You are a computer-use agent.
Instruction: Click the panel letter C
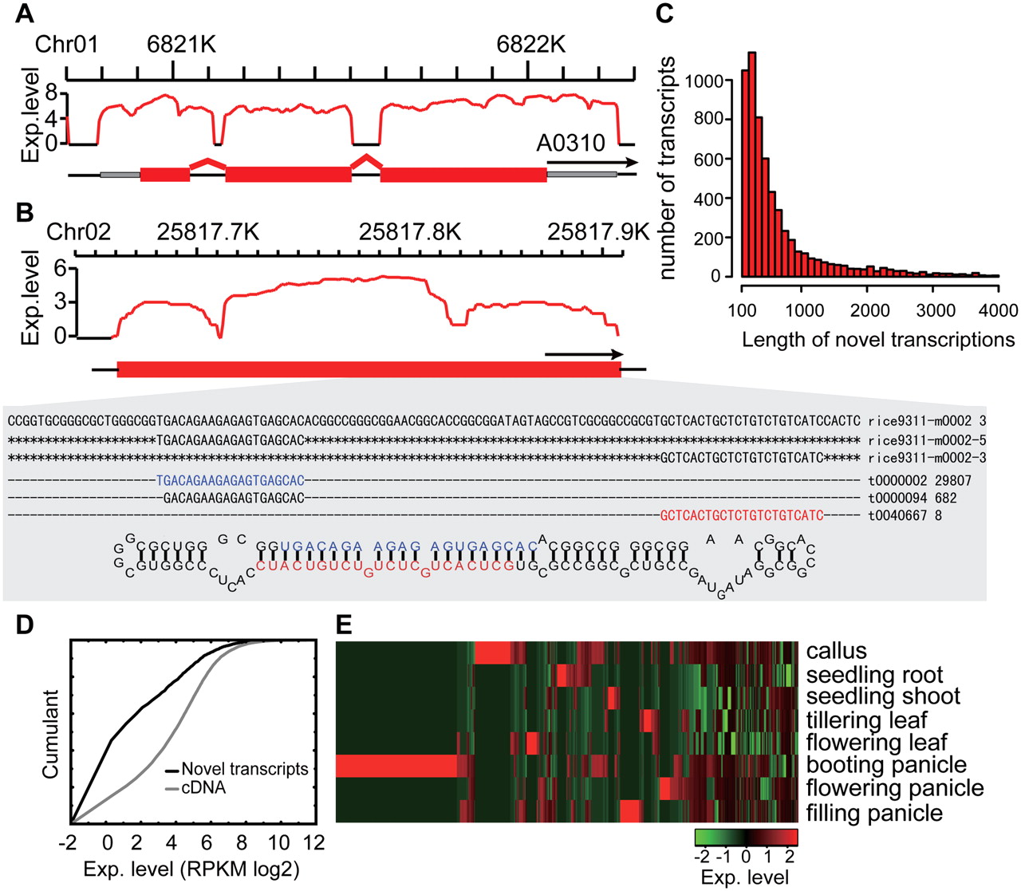click(x=664, y=14)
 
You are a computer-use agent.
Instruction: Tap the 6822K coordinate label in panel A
click(x=531, y=45)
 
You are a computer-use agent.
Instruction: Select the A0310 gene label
click(x=571, y=143)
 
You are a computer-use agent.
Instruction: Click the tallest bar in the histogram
click(x=752, y=164)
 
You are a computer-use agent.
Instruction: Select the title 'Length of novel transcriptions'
click(x=878, y=340)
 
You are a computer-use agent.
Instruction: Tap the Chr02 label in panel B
click(x=78, y=232)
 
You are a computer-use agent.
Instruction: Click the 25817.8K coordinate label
click(x=410, y=232)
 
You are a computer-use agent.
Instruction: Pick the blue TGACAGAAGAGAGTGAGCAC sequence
click(x=231, y=480)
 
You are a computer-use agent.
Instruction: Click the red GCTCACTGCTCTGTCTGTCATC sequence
click(x=742, y=515)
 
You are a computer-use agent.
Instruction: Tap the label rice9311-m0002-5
click(x=927, y=440)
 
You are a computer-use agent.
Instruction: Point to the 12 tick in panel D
click(x=314, y=842)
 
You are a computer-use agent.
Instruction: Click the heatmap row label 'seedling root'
click(x=874, y=675)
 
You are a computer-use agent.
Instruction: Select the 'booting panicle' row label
click(x=886, y=765)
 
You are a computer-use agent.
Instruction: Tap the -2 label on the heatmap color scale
click(x=703, y=857)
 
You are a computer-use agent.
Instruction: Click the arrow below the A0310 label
click(x=593, y=163)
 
